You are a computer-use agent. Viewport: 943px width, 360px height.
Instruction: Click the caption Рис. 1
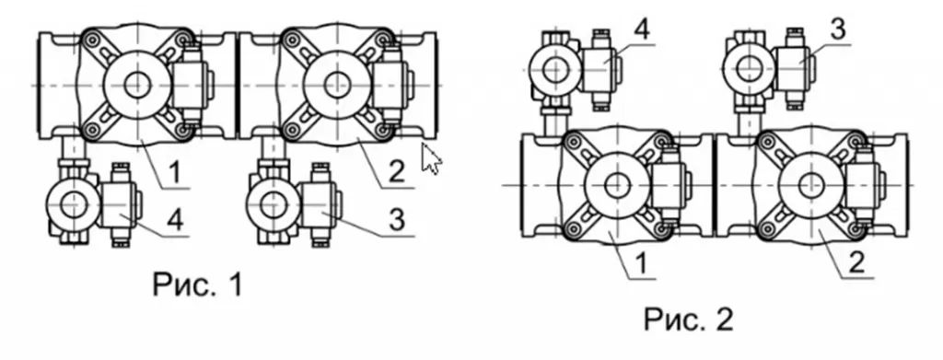(x=198, y=284)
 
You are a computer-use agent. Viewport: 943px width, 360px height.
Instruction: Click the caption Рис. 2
(x=689, y=319)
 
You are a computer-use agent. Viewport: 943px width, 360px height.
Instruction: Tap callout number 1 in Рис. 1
(x=174, y=173)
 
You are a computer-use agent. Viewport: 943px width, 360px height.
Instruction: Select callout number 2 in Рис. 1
(x=396, y=171)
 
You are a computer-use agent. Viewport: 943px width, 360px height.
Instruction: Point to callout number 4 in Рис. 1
(x=174, y=221)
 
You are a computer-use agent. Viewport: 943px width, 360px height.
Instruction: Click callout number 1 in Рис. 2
(x=643, y=263)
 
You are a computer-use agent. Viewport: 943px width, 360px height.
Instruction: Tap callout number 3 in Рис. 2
(x=838, y=30)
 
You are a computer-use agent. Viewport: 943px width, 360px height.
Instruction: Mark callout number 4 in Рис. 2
(x=642, y=30)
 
